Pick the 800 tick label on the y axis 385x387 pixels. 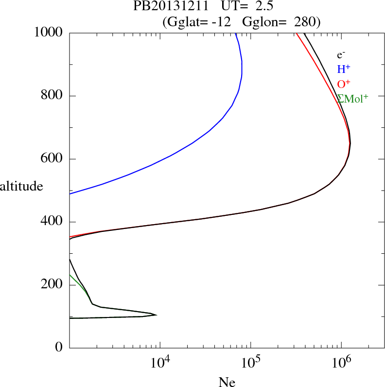point(52,96)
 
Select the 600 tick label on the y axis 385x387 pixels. point(52,159)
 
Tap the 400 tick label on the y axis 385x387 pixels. point(52,222)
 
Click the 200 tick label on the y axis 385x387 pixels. point(52,285)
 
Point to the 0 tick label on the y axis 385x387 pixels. point(59,348)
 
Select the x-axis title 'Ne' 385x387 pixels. point(227,383)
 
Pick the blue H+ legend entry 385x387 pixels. point(344,70)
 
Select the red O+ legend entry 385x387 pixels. point(344,84)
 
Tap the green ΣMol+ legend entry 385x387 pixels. point(352,98)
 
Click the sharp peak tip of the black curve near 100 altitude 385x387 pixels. point(156,315)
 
